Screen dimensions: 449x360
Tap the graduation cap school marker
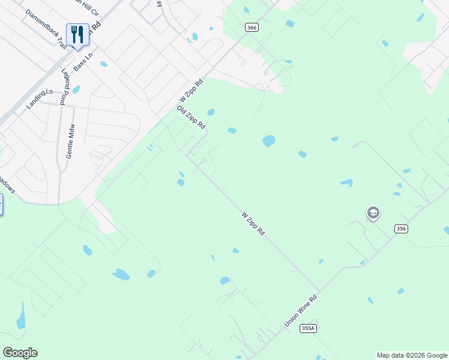[373, 213]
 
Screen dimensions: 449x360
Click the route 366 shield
[252, 27]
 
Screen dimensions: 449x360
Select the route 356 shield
[402, 229]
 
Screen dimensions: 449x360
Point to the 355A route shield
[309, 328]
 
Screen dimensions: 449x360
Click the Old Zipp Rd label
[191, 118]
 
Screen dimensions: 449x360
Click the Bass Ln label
[83, 61]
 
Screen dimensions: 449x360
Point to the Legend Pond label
[64, 87]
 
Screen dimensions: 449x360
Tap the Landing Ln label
[40, 100]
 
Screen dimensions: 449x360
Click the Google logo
[20, 353]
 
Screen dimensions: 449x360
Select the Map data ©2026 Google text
[412, 355]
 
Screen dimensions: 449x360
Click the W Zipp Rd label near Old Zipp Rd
[191, 91]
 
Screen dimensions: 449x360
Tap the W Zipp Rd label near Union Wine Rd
[253, 223]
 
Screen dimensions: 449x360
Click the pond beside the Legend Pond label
[76, 90]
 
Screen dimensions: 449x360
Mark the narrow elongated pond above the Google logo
[22, 316]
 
